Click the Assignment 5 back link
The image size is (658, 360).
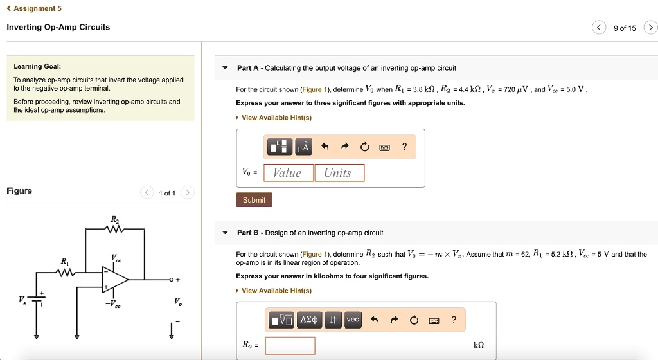coord(33,8)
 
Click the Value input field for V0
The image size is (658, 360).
coord(287,173)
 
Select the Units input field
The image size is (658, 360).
coord(339,173)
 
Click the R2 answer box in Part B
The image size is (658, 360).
coord(290,345)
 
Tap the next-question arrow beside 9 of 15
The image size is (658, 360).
coord(650,28)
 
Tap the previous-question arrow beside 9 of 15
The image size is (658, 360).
coord(599,28)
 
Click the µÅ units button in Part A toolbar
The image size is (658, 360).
coord(303,147)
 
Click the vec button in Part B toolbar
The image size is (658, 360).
coord(353,319)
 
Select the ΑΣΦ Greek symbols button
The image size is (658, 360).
coord(310,319)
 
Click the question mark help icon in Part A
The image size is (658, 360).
coord(404,147)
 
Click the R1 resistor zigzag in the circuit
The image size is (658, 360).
coord(65,274)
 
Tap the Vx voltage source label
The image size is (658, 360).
coord(22,300)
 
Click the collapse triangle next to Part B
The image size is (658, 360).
coord(225,233)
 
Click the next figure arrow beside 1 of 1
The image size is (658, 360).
coord(187,193)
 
